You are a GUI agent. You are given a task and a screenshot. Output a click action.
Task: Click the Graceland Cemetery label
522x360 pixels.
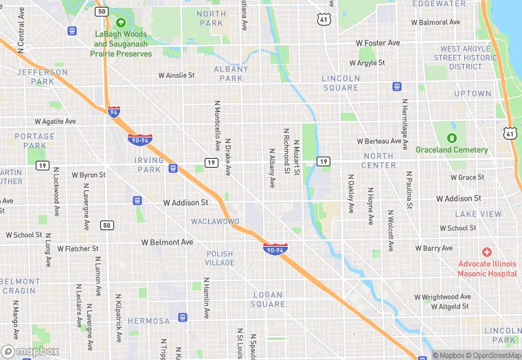pos(451,150)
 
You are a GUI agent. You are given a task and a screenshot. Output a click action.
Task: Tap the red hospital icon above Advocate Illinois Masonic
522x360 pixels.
pos(487,253)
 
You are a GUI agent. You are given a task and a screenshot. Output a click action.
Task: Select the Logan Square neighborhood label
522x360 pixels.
pos(268,299)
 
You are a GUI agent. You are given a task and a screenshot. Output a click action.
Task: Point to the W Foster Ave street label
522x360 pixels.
pos(378,43)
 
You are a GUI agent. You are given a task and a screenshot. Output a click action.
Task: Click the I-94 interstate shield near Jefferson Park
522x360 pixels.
pos(114,111)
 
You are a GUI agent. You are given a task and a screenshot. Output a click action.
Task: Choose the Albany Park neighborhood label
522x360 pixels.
pos(231,74)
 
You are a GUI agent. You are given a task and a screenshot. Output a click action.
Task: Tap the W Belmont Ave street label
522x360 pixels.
pos(168,243)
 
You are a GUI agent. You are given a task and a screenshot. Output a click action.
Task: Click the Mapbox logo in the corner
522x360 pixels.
pos(30,351)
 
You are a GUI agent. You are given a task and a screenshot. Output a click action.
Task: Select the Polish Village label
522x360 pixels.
pos(220,258)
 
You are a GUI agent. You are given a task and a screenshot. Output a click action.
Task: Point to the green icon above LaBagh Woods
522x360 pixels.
pos(121,22)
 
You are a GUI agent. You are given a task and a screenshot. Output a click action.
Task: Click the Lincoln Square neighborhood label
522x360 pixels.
pos(340,83)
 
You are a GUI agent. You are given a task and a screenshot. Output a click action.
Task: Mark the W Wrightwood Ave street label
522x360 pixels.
pos(445,297)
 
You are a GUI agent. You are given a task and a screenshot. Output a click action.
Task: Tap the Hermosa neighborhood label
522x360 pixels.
pos(148,321)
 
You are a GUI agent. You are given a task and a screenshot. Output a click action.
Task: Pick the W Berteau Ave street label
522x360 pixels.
pos(379,141)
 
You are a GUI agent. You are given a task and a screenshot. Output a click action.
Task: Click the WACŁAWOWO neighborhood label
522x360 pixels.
pos(214,221)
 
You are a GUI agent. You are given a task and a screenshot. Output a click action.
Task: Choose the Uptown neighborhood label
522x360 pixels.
pos(473,93)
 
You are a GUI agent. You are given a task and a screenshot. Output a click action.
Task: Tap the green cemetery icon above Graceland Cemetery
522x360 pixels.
pos(451,137)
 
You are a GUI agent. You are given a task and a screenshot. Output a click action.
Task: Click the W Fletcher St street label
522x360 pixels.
pos(78,248)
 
